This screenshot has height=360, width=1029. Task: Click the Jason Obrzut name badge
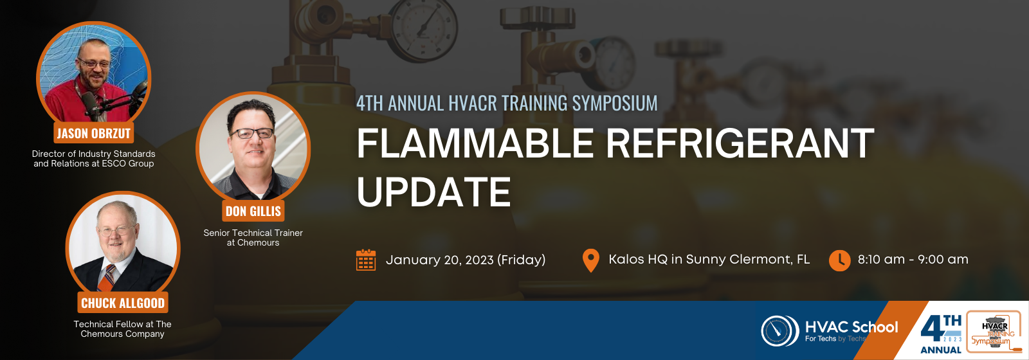coord(94,133)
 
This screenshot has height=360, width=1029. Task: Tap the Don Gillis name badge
coord(253,211)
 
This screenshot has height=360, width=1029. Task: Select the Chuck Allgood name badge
coord(123,303)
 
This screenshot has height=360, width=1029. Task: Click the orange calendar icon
coord(366,260)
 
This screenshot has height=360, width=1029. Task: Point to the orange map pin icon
coord(591,260)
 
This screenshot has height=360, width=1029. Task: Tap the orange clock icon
coord(840,260)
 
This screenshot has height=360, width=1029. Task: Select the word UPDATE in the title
coord(433,192)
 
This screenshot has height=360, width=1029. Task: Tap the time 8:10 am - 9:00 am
coord(913,260)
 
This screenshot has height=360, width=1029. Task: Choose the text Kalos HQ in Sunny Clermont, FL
coord(709,260)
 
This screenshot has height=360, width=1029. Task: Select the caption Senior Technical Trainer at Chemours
coord(253,238)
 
